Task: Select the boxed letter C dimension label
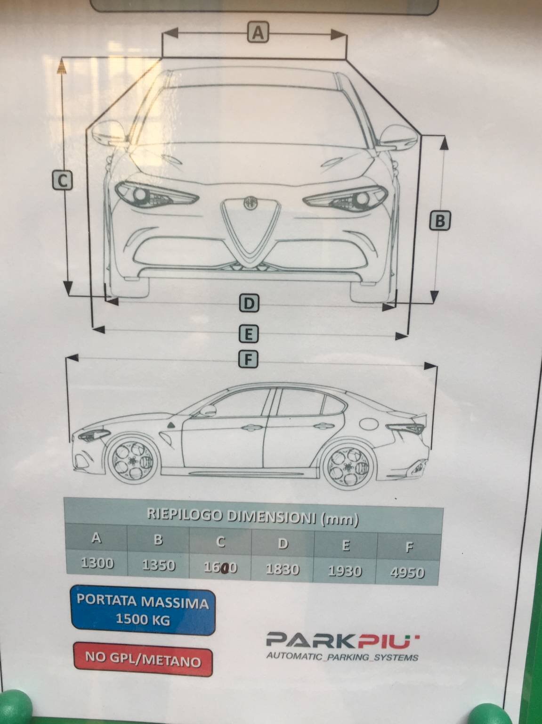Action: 62,181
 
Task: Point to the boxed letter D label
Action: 249,303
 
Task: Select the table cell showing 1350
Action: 159,565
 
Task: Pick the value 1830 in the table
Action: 282,569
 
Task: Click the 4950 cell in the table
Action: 408,573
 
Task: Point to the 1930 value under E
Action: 345,571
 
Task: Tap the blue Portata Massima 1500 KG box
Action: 143,611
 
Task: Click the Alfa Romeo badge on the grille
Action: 250,203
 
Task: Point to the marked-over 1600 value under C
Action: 220,568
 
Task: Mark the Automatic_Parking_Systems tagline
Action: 342,656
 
